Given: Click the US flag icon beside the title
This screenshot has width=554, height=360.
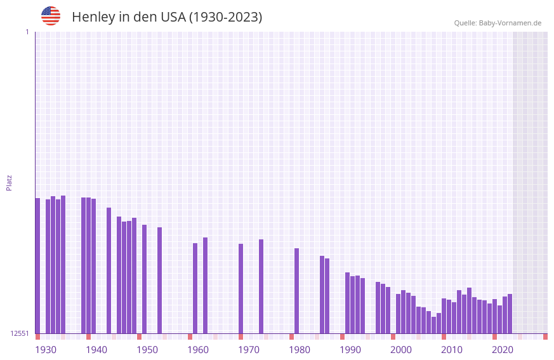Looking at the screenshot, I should pos(51,16).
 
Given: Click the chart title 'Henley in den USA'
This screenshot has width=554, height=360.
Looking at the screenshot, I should pos(166,17).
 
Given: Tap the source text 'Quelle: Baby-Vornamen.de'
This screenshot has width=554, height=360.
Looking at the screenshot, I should pos(498,23).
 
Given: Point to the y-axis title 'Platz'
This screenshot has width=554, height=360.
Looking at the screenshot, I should pos(9,182).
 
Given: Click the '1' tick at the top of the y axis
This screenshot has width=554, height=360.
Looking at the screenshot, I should pos(27,32).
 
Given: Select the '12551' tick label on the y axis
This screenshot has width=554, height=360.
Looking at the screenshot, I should pos(20,333).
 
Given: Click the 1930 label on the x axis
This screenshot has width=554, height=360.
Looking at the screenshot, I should pos(46,349).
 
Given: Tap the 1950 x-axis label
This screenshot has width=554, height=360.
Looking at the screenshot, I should pos(147,349).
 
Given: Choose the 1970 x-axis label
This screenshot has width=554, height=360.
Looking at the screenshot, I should pos(249,349).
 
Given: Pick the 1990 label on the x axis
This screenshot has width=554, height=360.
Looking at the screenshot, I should pos(350,349).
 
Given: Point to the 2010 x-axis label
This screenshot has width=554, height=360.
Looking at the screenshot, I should pos(452,349).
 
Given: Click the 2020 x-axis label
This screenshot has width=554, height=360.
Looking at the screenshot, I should pos(503,349).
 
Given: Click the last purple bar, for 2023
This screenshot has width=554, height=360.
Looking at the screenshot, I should pos(510,314).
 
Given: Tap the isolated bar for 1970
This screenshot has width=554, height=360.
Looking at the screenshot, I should pos(241,288).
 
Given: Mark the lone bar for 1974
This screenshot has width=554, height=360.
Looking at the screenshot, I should pos(261,286).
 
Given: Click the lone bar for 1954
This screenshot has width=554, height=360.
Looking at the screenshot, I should pos(159,280).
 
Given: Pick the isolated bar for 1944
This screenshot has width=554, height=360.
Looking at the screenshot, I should pos(109,270).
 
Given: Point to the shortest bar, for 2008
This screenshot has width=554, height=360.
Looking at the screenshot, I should pos(433,325).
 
